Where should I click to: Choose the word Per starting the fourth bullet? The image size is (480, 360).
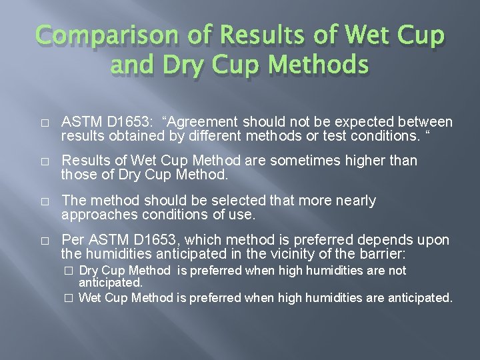click(71, 240)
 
